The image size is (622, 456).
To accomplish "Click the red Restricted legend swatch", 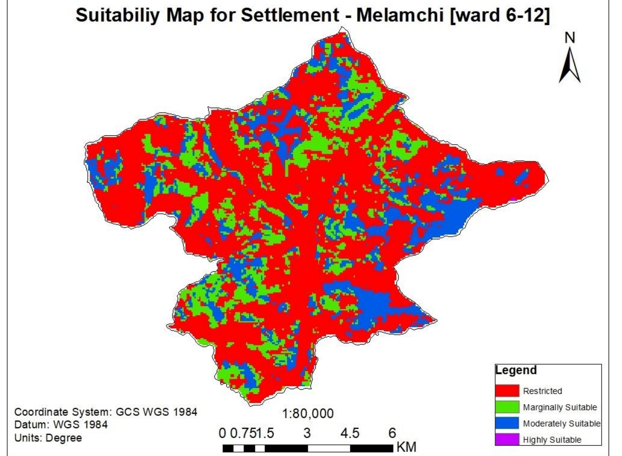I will pyautogui.click(x=507, y=391).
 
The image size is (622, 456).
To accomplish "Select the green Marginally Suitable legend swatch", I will pyautogui.click(x=507, y=407).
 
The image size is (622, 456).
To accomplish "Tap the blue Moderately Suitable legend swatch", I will pyautogui.click(x=507, y=423).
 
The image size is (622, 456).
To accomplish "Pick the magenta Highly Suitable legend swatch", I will pyautogui.click(x=507, y=439).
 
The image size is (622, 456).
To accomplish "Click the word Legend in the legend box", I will pyautogui.click(x=516, y=370).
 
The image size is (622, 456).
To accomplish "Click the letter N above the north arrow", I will pyautogui.click(x=570, y=38).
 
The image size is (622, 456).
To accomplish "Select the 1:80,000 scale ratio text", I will pyautogui.click(x=308, y=414).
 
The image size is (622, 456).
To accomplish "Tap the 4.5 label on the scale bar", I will pyautogui.click(x=350, y=433).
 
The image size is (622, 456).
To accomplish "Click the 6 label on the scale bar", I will pyautogui.click(x=392, y=433).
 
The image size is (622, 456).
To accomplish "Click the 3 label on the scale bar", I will pyautogui.click(x=307, y=433).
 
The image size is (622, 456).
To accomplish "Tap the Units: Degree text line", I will pyautogui.click(x=48, y=438).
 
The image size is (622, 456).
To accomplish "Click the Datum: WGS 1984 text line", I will pyautogui.click(x=61, y=425).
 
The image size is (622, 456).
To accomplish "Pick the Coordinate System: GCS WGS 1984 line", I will pyautogui.click(x=106, y=412).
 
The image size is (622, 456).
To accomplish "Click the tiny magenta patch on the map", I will pyautogui.click(x=514, y=199).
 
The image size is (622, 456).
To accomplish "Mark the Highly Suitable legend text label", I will pyautogui.click(x=552, y=440).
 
